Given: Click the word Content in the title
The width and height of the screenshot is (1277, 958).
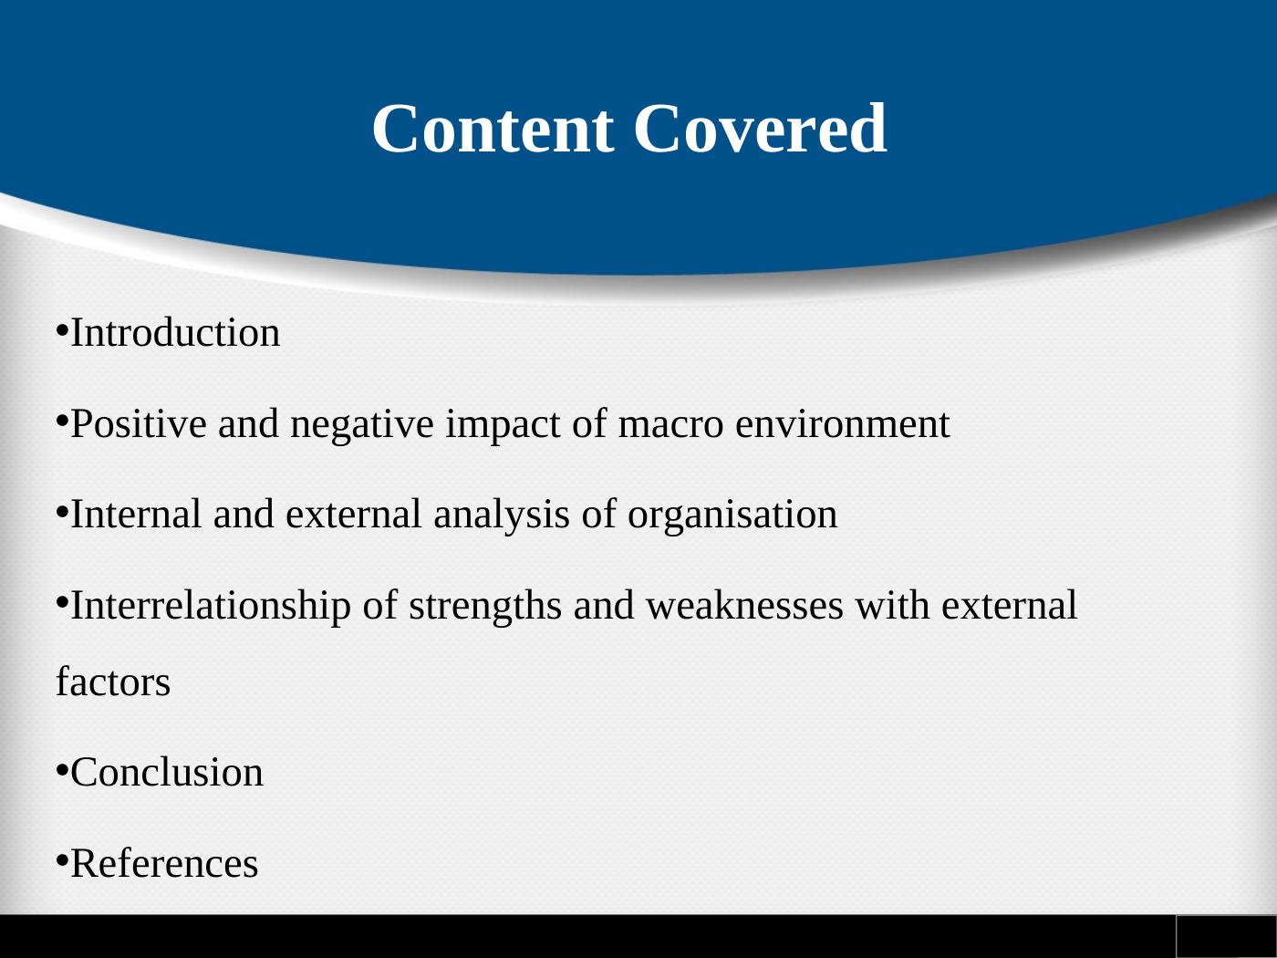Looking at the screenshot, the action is point(493,129).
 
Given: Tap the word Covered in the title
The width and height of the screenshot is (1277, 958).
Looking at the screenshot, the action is point(760,129).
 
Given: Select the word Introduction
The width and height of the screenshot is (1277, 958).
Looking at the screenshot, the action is point(175,333).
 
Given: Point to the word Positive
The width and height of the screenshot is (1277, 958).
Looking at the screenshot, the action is point(139,423).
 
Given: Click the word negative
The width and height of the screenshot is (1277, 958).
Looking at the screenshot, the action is point(362,424).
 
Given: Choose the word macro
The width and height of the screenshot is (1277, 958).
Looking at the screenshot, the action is point(670,424).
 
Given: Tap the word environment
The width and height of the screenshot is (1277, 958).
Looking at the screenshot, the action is point(843,424).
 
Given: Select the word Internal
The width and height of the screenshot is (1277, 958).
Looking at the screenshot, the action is point(136,515).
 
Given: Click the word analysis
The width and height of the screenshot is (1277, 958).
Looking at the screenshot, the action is point(502,515).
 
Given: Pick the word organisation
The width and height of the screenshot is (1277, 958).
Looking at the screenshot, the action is point(732,515).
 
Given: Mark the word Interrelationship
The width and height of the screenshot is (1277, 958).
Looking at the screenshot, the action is point(211,607).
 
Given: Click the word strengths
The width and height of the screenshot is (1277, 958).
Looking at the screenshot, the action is point(485,607).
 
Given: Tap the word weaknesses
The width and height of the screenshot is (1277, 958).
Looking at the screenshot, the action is point(744,606).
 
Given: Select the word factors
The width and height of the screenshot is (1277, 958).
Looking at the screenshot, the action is point(113,682).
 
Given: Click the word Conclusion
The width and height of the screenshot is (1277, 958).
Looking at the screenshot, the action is point(167,773).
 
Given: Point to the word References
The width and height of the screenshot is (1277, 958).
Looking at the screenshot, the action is point(164,863).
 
